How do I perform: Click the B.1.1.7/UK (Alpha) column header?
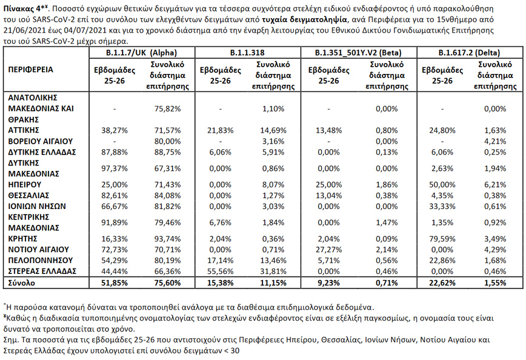tap(141, 53)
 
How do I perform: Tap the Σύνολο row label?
tap(21, 282)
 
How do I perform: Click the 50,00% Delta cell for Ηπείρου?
tap(442, 184)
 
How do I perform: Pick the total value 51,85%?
tap(115, 282)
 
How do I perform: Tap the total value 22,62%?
tap(442, 282)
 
